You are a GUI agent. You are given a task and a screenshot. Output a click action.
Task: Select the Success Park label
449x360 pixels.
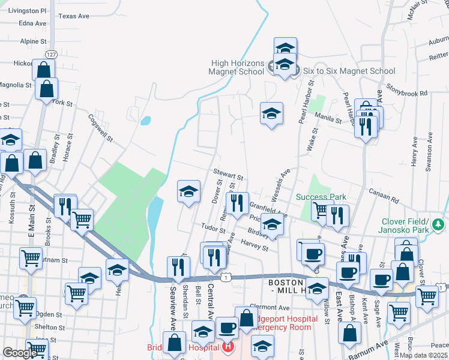[321, 197]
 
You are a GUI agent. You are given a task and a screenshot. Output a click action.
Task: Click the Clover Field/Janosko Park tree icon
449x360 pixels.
[439, 224]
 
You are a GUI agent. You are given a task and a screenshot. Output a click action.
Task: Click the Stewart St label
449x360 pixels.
[229, 177]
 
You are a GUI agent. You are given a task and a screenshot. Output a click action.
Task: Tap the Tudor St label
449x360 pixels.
[214, 229]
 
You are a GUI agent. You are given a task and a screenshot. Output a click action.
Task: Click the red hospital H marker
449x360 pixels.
[228, 346]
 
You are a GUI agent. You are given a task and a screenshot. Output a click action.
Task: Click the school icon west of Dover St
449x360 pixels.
[188, 191]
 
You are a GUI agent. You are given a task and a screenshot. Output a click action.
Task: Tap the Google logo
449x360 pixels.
[20, 353]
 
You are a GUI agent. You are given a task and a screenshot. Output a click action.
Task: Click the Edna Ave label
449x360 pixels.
[32, 23]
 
